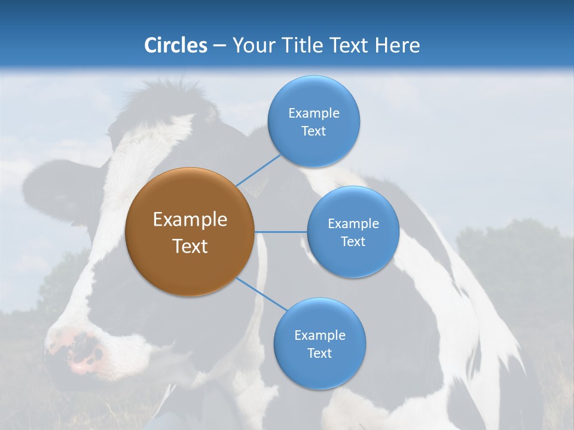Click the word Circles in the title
(175, 45)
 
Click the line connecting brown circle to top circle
(258, 170)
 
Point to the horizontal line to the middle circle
(280, 232)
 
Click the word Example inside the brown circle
(190, 220)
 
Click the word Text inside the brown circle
(190, 246)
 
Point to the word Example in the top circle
(313, 113)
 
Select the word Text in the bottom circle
(319, 353)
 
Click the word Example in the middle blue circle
(353, 224)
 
